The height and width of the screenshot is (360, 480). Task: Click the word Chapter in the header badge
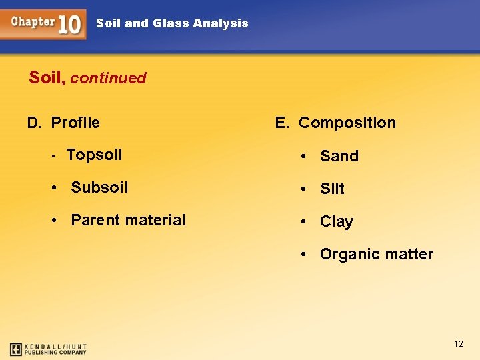click(33, 21)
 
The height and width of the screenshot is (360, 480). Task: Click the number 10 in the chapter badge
click(70, 25)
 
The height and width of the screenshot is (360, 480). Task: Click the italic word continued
click(108, 78)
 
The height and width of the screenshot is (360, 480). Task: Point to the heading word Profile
click(75, 123)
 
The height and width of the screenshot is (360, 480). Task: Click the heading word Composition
click(347, 123)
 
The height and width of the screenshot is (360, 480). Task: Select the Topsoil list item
click(94, 155)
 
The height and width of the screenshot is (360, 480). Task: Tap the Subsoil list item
click(99, 187)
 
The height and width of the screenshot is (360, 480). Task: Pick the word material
click(155, 220)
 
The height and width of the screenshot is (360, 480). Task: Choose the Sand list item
click(339, 156)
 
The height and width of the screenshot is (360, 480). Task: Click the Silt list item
click(332, 189)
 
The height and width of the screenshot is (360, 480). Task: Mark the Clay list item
click(337, 222)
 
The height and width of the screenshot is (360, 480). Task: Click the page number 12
click(458, 344)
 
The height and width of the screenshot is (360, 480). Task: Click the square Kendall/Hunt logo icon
click(16, 349)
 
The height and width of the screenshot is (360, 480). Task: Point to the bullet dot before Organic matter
click(303, 255)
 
